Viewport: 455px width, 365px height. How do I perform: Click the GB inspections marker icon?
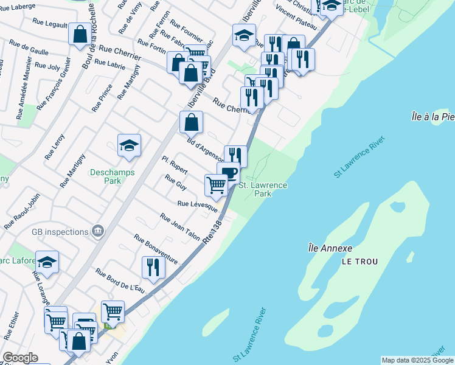click(x=97, y=231)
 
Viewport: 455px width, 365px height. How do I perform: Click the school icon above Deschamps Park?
click(x=129, y=145)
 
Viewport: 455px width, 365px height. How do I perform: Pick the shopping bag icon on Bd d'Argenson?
click(x=191, y=122)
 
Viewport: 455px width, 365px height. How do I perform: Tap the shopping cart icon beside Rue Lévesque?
click(x=216, y=184)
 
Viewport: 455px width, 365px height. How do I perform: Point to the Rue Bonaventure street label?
click(x=156, y=249)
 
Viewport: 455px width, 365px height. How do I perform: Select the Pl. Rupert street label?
click(x=175, y=165)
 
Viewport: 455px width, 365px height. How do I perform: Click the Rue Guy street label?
click(x=176, y=182)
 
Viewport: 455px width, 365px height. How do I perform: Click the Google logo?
click(x=20, y=358)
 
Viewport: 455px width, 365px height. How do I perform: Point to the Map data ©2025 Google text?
click(x=417, y=360)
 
